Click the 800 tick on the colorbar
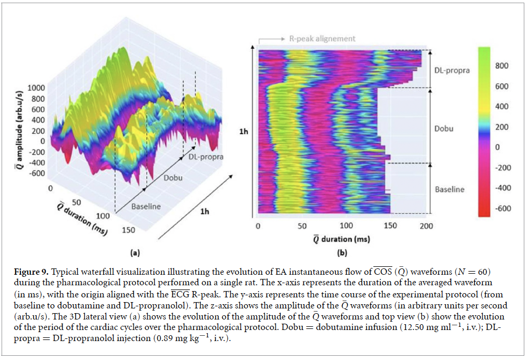click(x=503, y=66)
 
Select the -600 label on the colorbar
click(x=503, y=208)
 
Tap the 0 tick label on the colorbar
click(x=497, y=147)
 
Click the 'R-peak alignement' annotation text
click(x=322, y=38)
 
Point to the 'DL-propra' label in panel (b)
click(x=452, y=71)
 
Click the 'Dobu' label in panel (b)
click(x=444, y=128)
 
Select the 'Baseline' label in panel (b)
click(x=450, y=189)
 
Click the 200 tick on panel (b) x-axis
click(x=427, y=226)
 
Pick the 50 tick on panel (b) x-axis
click(x=302, y=226)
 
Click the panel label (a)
click(x=135, y=253)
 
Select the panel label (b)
click(x=342, y=253)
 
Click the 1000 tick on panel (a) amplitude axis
click(x=36, y=87)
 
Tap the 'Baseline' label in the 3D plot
click(x=146, y=206)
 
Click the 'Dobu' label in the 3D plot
click(x=172, y=177)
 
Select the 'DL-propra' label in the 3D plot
click(x=205, y=157)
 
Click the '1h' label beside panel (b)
click(x=243, y=132)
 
